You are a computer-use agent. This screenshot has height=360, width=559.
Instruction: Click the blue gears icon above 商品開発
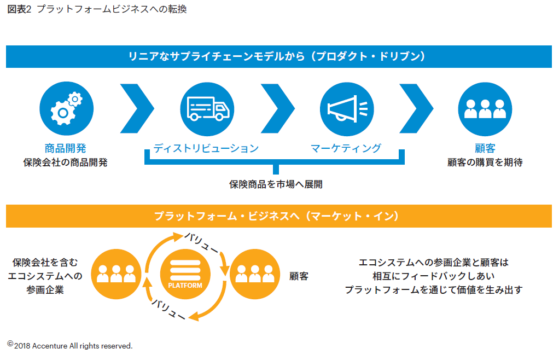click(x=66, y=109)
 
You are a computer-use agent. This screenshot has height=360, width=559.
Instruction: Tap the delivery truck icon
click(x=207, y=109)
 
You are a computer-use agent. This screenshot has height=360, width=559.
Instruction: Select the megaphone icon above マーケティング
click(x=347, y=109)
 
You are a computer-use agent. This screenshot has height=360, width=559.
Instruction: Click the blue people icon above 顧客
click(x=485, y=109)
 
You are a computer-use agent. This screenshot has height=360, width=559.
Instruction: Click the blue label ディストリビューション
click(x=206, y=148)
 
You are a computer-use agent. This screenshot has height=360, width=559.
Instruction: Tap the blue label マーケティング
click(x=346, y=148)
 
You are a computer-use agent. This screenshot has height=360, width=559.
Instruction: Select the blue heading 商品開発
click(x=66, y=148)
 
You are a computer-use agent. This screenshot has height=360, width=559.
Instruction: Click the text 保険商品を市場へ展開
click(x=276, y=184)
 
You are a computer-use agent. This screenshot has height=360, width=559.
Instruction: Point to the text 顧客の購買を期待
click(x=485, y=162)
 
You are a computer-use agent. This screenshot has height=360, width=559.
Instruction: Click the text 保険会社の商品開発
click(x=66, y=162)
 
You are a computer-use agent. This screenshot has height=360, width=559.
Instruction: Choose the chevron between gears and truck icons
click(x=137, y=109)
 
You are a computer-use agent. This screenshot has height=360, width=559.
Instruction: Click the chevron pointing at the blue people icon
click(x=416, y=109)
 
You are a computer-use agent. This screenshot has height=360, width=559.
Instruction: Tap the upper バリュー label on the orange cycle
click(x=202, y=241)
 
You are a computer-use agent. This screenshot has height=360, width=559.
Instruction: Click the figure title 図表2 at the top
click(x=19, y=10)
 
